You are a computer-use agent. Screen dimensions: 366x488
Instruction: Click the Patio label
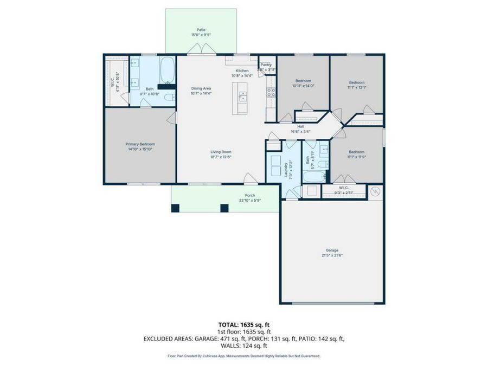click(201, 30)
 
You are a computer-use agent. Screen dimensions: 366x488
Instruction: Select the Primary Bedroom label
click(140, 144)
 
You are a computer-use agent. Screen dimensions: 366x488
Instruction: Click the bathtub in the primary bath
click(168, 69)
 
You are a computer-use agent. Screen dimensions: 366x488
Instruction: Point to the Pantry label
click(266, 65)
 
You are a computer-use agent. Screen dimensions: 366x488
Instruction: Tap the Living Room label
click(221, 152)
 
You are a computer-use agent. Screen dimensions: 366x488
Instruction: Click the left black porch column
click(175, 208)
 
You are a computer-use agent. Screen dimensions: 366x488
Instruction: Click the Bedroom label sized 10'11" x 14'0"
click(303, 81)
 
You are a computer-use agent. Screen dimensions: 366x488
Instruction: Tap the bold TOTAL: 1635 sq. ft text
click(243, 324)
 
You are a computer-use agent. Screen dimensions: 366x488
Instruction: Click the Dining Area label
click(201, 88)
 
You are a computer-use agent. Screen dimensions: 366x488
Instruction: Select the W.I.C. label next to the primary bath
click(112, 83)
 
